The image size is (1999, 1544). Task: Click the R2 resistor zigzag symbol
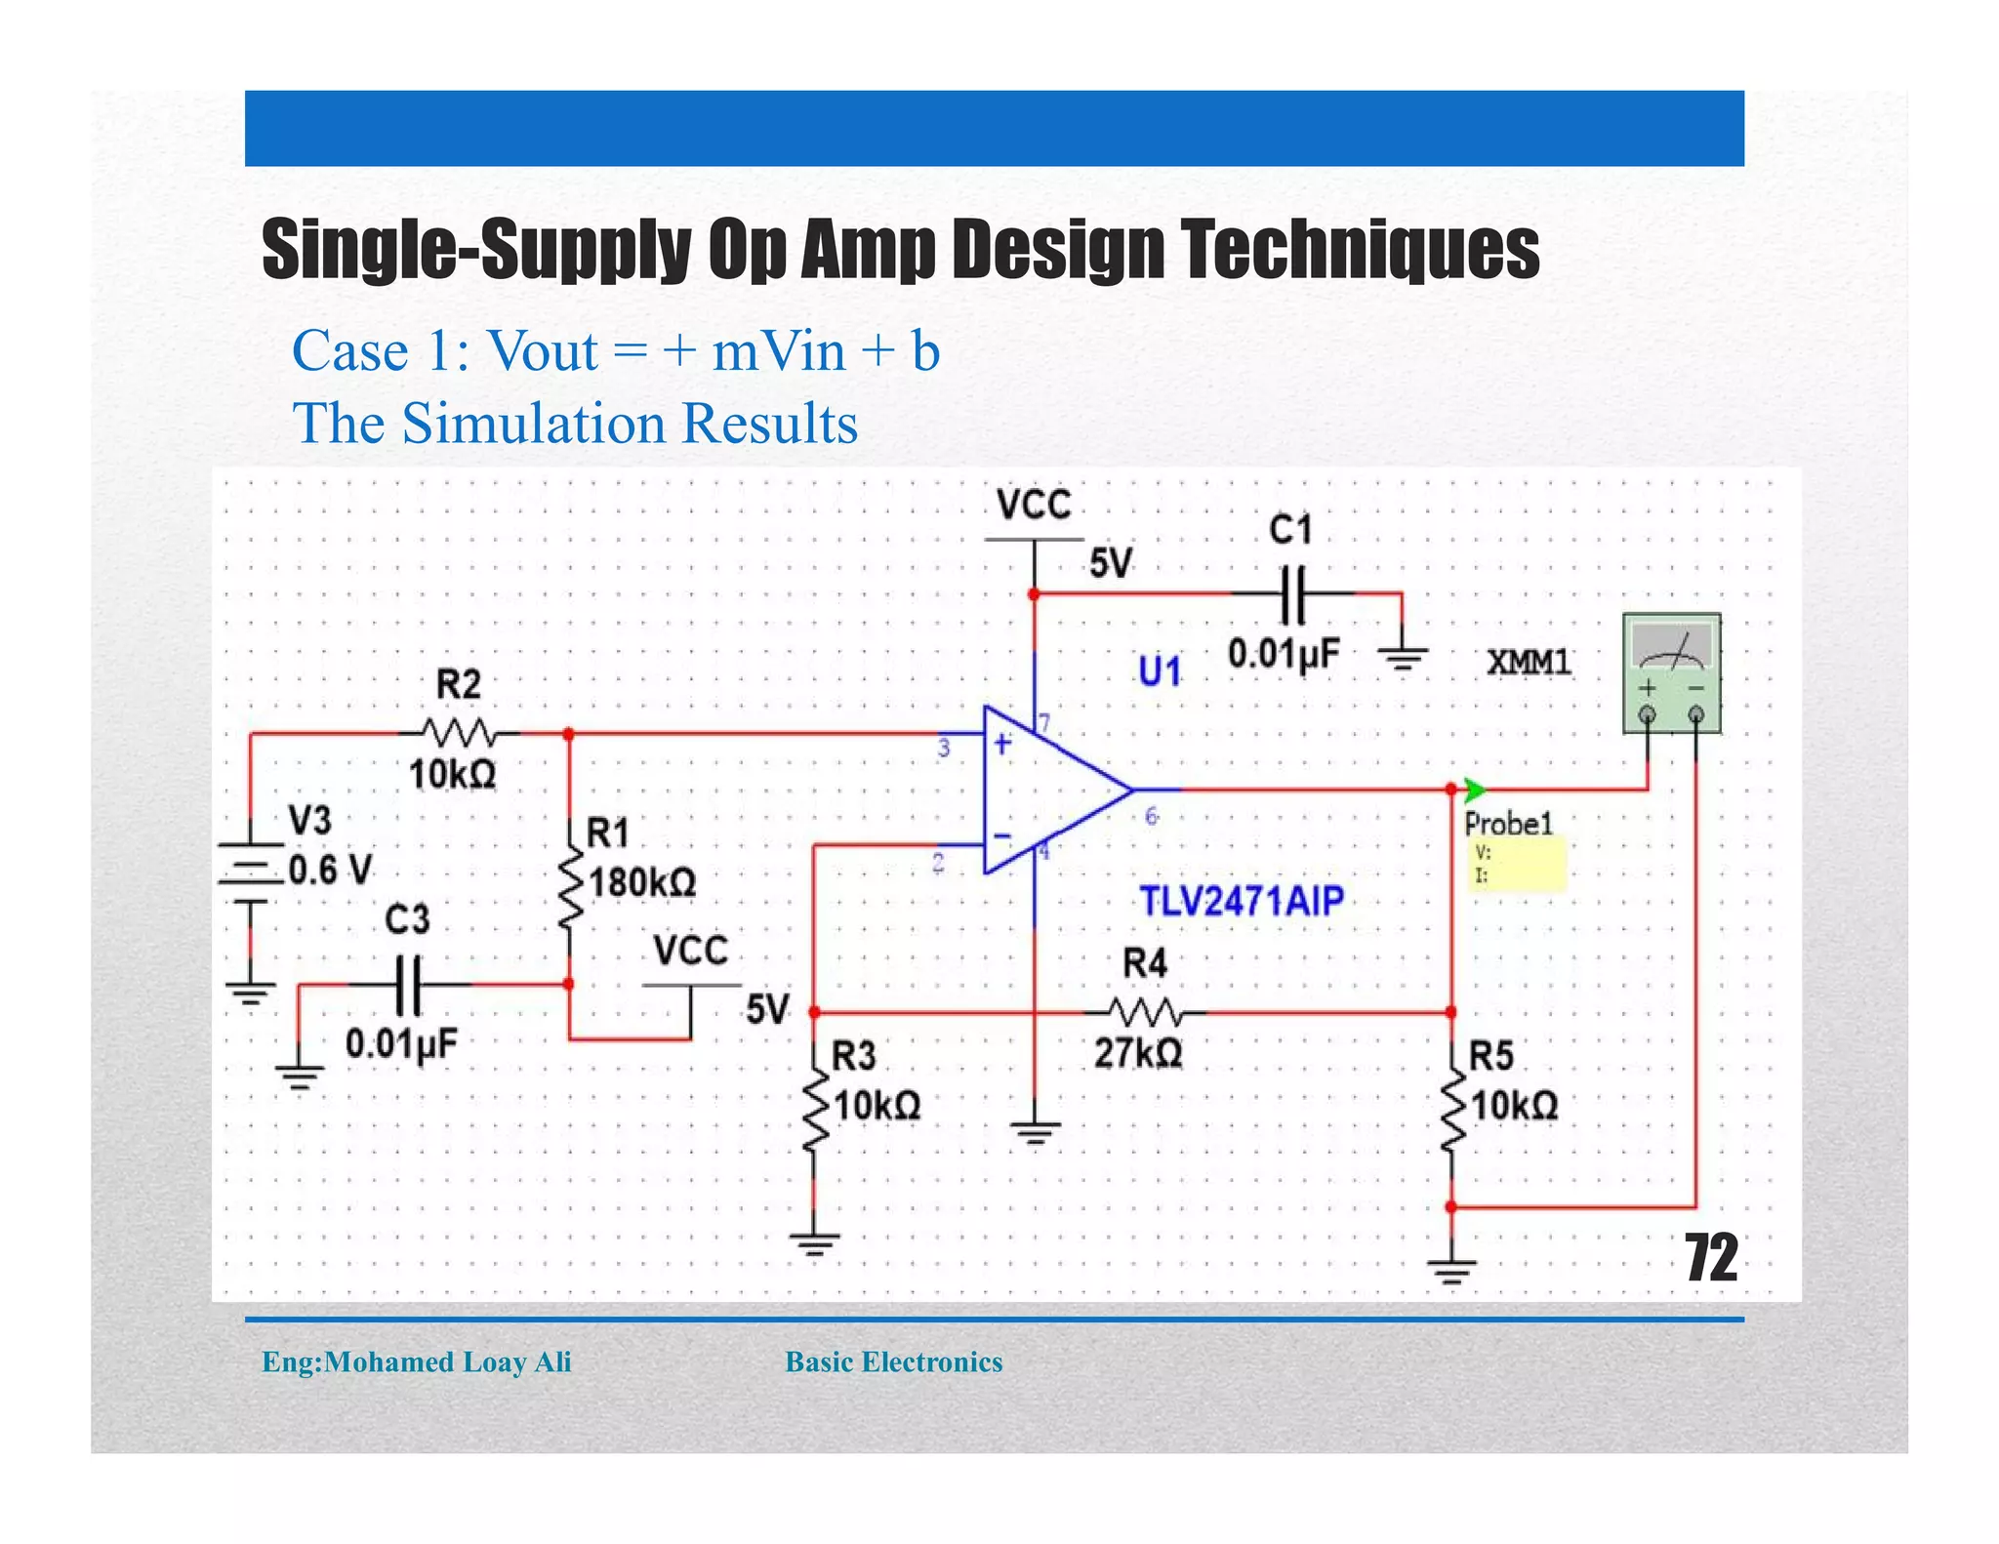click(x=458, y=731)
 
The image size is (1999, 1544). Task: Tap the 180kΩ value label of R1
click(x=642, y=883)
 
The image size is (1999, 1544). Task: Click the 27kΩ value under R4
click(x=1138, y=1054)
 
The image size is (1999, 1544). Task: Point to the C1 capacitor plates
click(x=1291, y=593)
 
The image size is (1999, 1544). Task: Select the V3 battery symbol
click(x=250, y=872)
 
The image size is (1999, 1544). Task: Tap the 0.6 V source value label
click(x=330, y=870)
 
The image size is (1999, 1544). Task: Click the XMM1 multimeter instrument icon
click(x=1670, y=672)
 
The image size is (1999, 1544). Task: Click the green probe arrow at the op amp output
click(x=1474, y=789)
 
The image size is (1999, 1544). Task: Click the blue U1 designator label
click(x=1160, y=671)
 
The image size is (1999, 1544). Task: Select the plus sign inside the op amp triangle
click(x=1002, y=744)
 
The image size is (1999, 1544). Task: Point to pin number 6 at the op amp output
click(x=1151, y=816)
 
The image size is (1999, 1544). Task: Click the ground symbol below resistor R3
click(x=814, y=1244)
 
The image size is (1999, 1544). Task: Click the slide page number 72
click(x=1710, y=1259)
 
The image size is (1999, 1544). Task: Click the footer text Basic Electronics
click(x=893, y=1361)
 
